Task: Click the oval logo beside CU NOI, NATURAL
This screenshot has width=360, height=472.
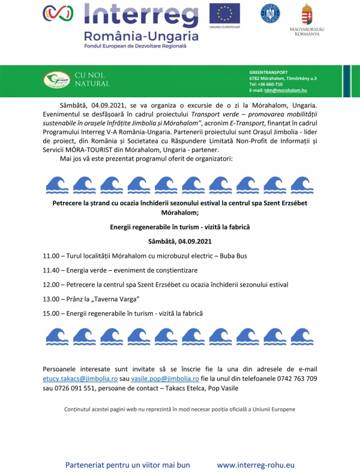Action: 56,79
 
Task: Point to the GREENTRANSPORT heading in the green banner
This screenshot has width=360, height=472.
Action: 268,72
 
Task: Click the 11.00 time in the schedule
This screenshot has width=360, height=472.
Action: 52,256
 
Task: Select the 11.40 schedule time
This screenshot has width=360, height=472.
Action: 52,270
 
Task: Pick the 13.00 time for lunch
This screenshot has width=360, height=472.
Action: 52,299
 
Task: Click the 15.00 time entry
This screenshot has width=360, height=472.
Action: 52,313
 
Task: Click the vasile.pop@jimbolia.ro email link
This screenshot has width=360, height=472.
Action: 165,379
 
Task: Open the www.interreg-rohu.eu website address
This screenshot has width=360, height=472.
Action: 256,464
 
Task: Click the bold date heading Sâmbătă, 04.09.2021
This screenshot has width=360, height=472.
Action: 180,241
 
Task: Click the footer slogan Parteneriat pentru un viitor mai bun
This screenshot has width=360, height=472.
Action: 127,464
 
